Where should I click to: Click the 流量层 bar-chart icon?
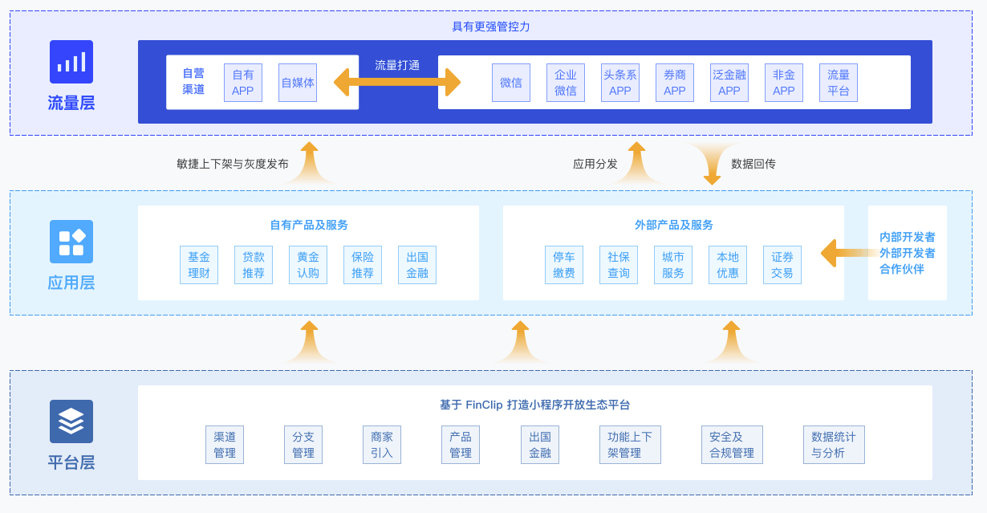point(71,62)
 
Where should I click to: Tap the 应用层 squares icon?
point(71,242)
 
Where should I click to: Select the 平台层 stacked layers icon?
point(71,421)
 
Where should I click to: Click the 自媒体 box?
point(298,83)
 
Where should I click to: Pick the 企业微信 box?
point(566,83)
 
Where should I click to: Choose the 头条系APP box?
point(620,83)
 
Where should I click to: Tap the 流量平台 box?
point(838,83)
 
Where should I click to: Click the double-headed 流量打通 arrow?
point(397,82)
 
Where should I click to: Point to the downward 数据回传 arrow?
point(712,164)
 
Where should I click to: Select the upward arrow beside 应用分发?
point(636,162)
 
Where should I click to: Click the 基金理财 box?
point(199,265)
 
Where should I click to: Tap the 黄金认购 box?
point(308,265)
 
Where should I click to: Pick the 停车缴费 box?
point(564,265)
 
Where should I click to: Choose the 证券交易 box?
point(782,265)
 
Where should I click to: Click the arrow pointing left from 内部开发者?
point(848,253)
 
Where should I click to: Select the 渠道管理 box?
point(225,445)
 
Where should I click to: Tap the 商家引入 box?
point(382,445)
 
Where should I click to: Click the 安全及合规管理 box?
point(732,445)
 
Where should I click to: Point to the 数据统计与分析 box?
point(834,445)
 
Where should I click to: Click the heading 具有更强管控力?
point(491,26)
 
